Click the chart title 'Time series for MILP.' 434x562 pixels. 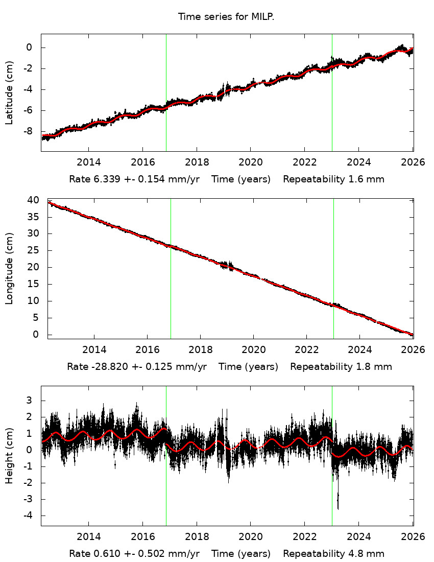pyautogui.click(x=226, y=17)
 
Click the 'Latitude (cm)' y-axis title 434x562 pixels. pyautogui.click(x=9, y=92)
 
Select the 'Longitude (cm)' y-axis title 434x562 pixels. pyautogui.click(x=9, y=268)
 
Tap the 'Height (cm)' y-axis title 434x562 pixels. pyautogui.click(x=9, y=456)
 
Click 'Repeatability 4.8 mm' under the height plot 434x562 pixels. pyautogui.click(x=333, y=554)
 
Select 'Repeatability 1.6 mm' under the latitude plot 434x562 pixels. pyautogui.click(x=333, y=179)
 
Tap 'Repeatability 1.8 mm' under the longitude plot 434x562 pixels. pyautogui.click(x=341, y=367)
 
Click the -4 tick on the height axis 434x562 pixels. pyautogui.click(x=30, y=516)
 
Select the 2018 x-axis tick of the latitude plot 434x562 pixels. pyautogui.click(x=197, y=162)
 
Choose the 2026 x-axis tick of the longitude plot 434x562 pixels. pyautogui.click(x=413, y=350)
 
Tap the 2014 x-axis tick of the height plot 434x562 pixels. pyautogui.click(x=88, y=537)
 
